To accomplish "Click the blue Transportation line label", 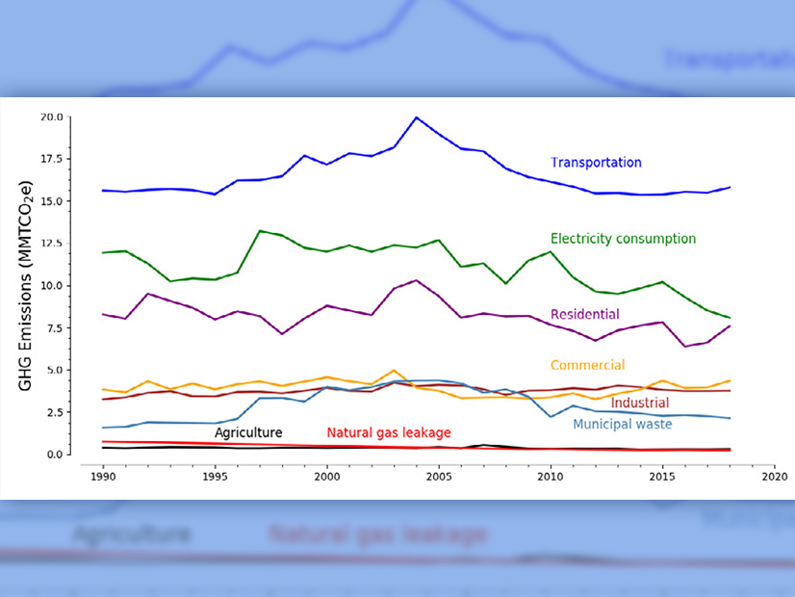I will (x=595, y=163).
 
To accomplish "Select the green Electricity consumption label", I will (x=623, y=239).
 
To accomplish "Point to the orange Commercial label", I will (x=587, y=365).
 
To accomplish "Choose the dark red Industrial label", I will (x=641, y=402).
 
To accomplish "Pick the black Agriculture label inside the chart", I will (x=248, y=432).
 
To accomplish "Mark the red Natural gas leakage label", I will (x=389, y=432).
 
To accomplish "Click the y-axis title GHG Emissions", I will (x=26, y=285).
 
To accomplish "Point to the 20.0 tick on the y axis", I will (x=51, y=117).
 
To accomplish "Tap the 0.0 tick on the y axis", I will (x=54, y=454).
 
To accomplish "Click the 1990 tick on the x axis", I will (x=103, y=475).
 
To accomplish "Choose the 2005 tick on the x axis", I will (x=439, y=475).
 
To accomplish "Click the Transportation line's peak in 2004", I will (x=416, y=117).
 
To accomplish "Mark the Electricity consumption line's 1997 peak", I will (x=260, y=231).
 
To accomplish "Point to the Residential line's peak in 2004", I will (x=416, y=280).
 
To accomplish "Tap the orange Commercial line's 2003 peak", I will (x=394, y=370).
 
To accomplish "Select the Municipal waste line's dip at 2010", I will (x=551, y=416).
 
